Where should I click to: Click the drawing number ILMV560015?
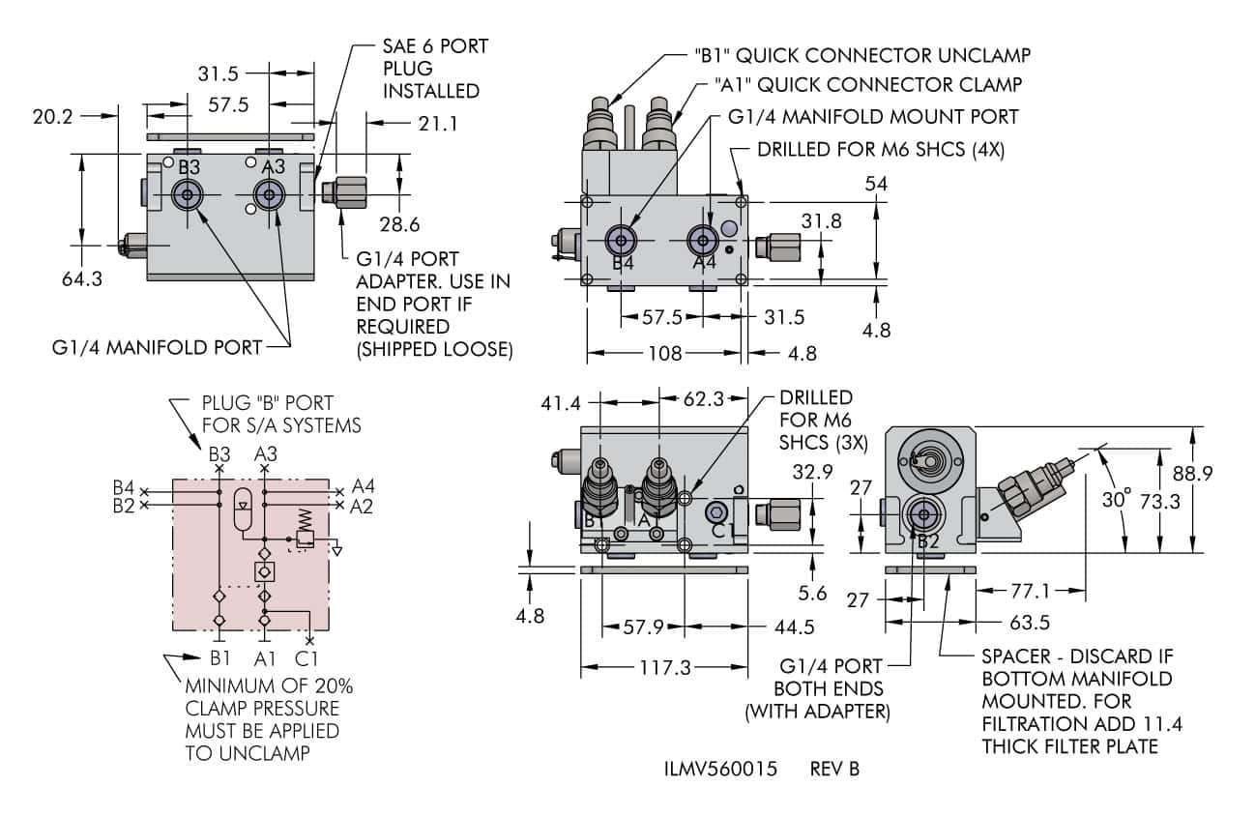[719, 770]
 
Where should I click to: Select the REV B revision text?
[834, 770]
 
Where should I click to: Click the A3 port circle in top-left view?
[268, 195]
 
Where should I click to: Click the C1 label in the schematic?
[307, 659]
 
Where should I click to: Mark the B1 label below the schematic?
[220, 659]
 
